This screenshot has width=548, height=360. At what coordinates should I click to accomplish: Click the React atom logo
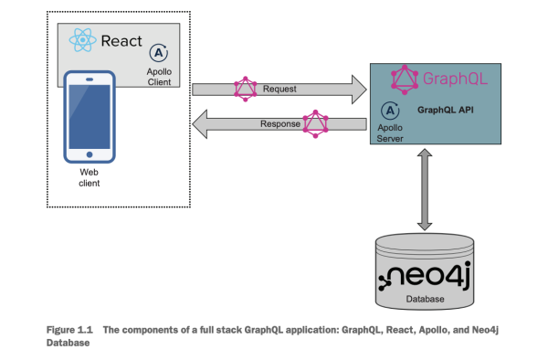coord(82,40)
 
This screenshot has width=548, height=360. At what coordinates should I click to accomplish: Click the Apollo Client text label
coord(159,76)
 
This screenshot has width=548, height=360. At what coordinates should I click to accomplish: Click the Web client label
coord(90,177)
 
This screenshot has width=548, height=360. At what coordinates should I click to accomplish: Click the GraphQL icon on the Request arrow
coord(244,89)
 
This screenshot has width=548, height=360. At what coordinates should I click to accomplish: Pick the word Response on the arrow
coord(280,123)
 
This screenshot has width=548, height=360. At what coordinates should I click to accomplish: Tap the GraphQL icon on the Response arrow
coord(315,123)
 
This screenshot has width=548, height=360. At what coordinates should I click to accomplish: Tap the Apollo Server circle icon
coord(390,109)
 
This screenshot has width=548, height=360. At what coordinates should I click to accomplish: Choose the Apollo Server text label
coord(390,132)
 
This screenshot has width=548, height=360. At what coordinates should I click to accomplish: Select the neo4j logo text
coord(426,277)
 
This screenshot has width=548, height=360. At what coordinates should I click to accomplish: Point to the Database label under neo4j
coord(426,299)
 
